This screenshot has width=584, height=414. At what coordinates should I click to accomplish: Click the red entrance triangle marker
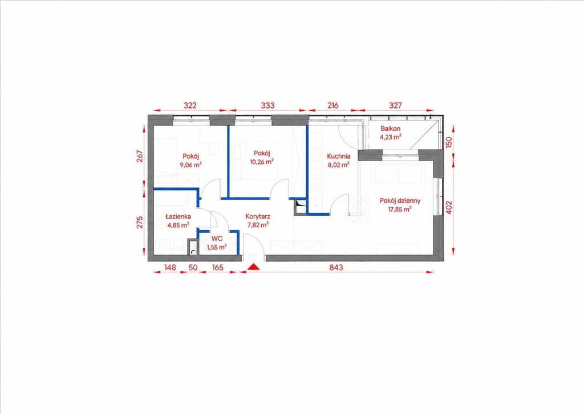pos(254,267)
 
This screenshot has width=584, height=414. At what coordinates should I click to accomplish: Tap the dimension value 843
pos(336,267)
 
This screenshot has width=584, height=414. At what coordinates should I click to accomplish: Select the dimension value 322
pos(190,105)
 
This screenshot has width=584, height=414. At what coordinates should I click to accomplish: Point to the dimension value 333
pos(267,105)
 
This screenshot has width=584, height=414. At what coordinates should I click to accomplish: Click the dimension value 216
pos(332,105)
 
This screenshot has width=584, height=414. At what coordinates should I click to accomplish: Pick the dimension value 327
pos(395,105)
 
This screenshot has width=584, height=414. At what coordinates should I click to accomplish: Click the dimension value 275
pos(140,223)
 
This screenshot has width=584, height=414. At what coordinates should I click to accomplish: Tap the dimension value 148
pos(169,267)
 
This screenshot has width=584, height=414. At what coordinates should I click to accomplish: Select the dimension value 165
pos(217,267)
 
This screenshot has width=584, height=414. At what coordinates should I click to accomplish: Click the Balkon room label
pos(390,128)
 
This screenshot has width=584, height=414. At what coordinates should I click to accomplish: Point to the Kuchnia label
pos(338,156)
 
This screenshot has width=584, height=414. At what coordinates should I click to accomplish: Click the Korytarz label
pos(258,216)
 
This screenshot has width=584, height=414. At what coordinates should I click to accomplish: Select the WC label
pos(217,239)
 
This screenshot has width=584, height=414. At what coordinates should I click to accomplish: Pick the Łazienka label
pos(179,216)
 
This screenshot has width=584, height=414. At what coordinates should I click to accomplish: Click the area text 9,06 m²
pos(190,165)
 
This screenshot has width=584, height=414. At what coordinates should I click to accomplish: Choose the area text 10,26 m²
pos(262,162)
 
